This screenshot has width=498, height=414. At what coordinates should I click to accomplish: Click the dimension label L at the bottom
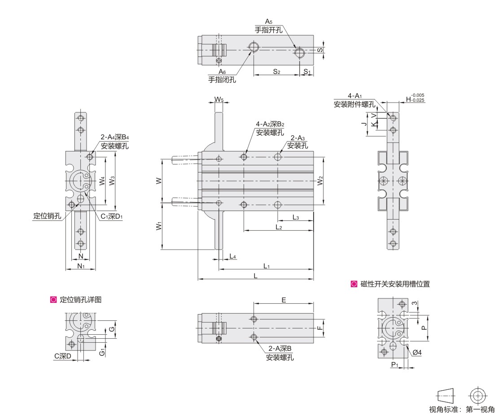pyautogui.click(x=255, y=276)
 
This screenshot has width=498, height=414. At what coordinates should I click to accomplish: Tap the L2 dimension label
pyautogui.click(x=279, y=227)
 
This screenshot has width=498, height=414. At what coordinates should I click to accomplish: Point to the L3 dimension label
pyautogui.click(x=296, y=217)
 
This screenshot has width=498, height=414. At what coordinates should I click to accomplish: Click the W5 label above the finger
pyautogui.click(x=218, y=99)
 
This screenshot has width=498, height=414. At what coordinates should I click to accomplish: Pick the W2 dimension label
pyautogui.click(x=320, y=181)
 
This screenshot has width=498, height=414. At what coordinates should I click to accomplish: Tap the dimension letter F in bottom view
pyautogui.click(x=319, y=328)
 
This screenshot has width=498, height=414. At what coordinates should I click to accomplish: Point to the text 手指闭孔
pyautogui.click(x=222, y=80)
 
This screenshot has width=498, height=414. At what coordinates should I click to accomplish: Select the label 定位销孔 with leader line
pyautogui.click(x=47, y=216)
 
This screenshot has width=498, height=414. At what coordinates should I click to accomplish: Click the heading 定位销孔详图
pyautogui.click(x=80, y=300)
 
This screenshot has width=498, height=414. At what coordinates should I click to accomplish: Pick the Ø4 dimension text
pyautogui.click(x=417, y=353)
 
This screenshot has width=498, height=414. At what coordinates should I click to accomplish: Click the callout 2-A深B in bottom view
pyautogui.click(x=280, y=349)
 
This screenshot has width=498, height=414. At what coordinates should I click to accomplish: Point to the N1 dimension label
pyautogui.click(x=81, y=266)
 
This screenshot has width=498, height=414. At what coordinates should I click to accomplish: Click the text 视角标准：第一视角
pyautogui.click(x=462, y=409)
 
